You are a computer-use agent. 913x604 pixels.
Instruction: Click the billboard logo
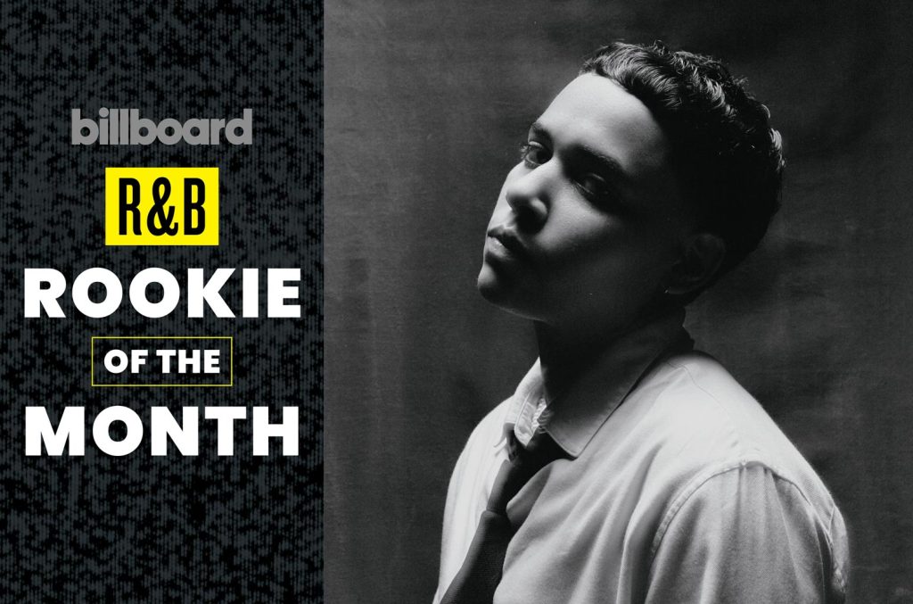162,127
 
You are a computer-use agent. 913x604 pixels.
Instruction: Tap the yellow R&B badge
162,206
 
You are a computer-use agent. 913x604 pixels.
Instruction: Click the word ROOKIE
162,294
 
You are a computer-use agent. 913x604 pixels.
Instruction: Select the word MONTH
162,432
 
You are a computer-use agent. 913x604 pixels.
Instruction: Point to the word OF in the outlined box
121,361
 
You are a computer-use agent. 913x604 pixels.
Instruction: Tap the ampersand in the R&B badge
161,207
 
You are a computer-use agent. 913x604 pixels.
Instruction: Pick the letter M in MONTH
50,432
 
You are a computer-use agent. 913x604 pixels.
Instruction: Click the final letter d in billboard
242,127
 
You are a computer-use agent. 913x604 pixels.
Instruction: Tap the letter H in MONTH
278,432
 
